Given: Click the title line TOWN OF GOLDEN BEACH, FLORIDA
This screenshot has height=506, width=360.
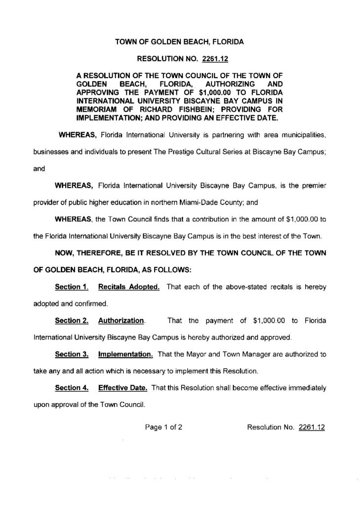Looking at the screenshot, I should tap(179, 43).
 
